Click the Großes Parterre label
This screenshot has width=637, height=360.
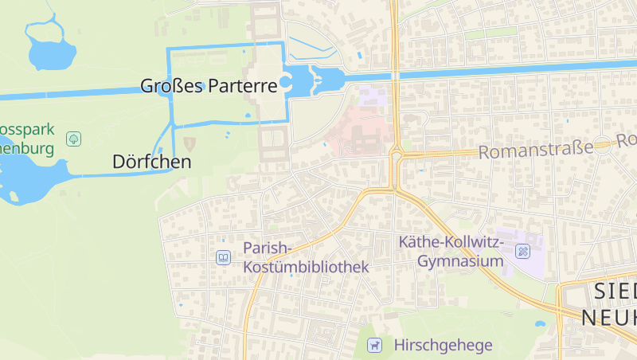(x=208, y=85)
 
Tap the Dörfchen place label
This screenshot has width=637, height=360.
(x=151, y=162)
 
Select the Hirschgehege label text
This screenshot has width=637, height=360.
(x=443, y=345)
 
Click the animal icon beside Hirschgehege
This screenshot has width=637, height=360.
(x=373, y=345)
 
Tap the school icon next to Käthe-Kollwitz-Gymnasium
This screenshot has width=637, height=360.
(x=522, y=252)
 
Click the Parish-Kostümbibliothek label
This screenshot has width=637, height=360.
(x=306, y=257)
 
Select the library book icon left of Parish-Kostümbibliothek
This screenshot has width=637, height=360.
(x=224, y=257)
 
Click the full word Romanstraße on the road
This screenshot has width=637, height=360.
(x=536, y=149)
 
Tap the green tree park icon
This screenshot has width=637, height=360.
(x=74, y=139)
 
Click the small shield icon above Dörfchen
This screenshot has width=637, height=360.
(x=190, y=143)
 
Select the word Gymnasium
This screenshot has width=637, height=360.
(x=461, y=261)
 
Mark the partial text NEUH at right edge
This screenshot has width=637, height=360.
(x=609, y=317)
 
